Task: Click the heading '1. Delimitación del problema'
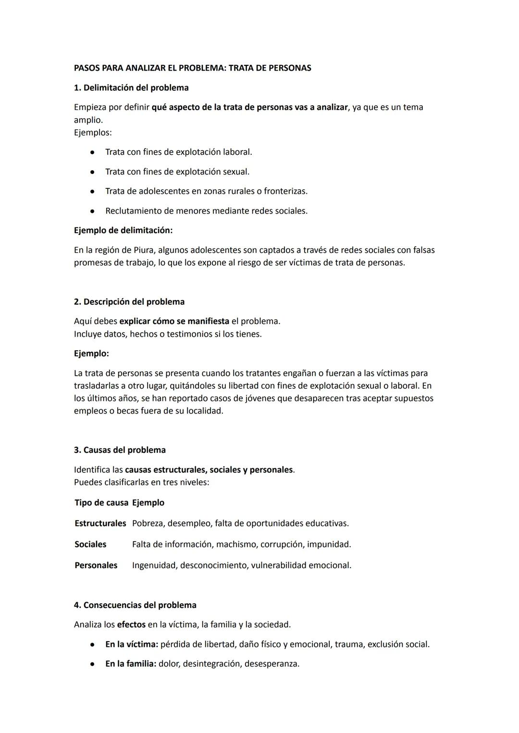tap(131, 88)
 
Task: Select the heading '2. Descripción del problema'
tap(129, 302)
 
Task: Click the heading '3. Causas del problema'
tap(120, 450)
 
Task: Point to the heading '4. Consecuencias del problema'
tap(135, 605)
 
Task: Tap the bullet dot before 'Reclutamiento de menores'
tap(91, 211)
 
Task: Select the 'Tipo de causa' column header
tap(101, 503)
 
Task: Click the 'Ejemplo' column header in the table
tap(148, 503)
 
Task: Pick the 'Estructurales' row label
tap(100, 523)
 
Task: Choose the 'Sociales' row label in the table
tap(90, 545)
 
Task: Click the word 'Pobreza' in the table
tap(148, 523)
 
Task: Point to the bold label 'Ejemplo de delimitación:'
tap(123, 231)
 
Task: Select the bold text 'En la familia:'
tap(131, 664)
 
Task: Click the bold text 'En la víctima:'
tap(132, 644)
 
